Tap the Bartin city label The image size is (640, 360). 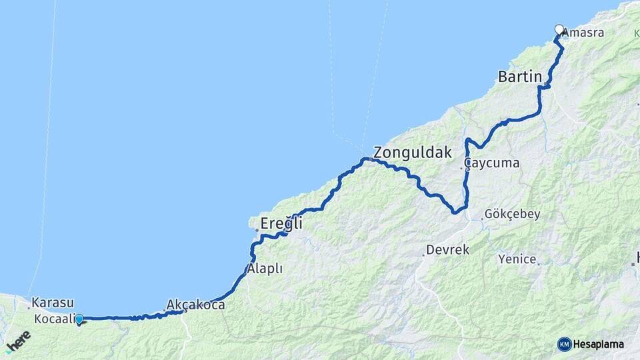(x=520, y=77)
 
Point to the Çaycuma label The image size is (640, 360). (x=493, y=163)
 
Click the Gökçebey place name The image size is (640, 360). (x=513, y=215)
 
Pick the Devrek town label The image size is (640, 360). (x=448, y=251)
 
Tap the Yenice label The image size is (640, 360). (x=517, y=259)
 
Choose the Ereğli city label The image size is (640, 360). (x=281, y=224)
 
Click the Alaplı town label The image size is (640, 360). (x=265, y=269)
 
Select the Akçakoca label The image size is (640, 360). (x=195, y=305)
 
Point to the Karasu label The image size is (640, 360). (x=52, y=303)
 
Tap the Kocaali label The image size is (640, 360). (x=51, y=317)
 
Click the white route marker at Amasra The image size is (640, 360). (x=559, y=30)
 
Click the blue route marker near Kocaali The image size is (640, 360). (x=79, y=319)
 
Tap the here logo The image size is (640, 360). (x=18, y=341)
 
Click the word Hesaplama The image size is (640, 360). (x=599, y=344)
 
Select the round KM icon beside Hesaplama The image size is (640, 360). (x=565, y=344)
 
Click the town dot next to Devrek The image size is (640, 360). (x=423, y=254)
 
